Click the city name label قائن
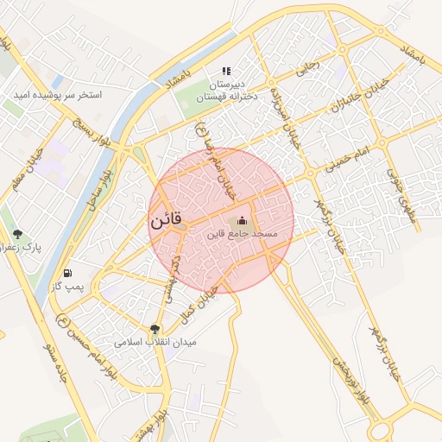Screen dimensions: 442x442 (166, 220)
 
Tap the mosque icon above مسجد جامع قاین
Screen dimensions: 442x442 (241, 220)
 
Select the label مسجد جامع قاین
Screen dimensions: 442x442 (241, 234)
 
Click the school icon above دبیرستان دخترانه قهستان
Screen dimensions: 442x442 (226, 71)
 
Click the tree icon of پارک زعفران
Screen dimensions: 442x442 (17, 234)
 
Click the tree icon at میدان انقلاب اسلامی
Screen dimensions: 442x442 (155, 328)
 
